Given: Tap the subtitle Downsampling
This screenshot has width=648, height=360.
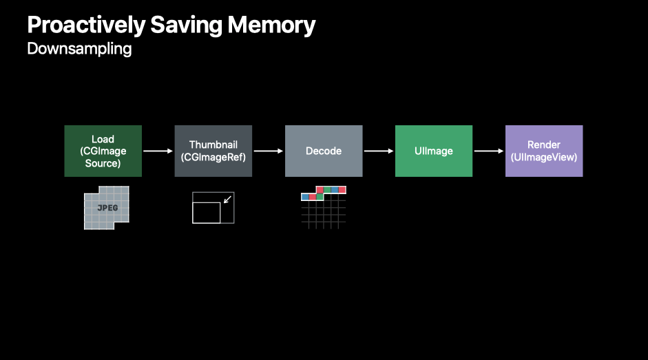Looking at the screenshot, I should click(x=79, y=50).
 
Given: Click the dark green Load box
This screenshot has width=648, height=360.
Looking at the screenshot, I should click(x=103, y=151).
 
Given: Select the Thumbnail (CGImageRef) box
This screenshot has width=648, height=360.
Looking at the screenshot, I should click(x=213, y=151).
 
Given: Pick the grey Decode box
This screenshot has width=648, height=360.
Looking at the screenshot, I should click(x=324, y=151).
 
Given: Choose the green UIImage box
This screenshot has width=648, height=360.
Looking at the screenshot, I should click(x=434, y=151).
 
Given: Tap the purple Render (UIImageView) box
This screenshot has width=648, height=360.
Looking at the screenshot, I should click(x=544, y=151).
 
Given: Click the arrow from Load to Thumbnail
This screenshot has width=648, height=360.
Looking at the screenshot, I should click(x=158, y=151).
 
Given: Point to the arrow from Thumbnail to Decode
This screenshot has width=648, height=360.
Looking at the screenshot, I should click(x=269, y=151).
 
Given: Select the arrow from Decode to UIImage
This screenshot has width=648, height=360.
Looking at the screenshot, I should click(x=379, y=151).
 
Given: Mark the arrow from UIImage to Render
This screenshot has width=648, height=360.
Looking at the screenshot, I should click(x=489, y=151).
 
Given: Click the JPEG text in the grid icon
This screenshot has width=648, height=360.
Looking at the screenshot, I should click(x=107, y=208).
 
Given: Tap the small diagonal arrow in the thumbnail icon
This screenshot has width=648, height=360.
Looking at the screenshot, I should click(x=229, y=199).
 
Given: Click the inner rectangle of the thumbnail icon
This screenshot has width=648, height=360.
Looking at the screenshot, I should click(x=207, y=213).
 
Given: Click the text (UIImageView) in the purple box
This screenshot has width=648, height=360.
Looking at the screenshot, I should click(x=544, y=157).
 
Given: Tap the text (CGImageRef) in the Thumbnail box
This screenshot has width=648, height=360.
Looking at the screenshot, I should click(x=213, y=157).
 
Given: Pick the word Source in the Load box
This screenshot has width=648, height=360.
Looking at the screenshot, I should click(x=103, y=163).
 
